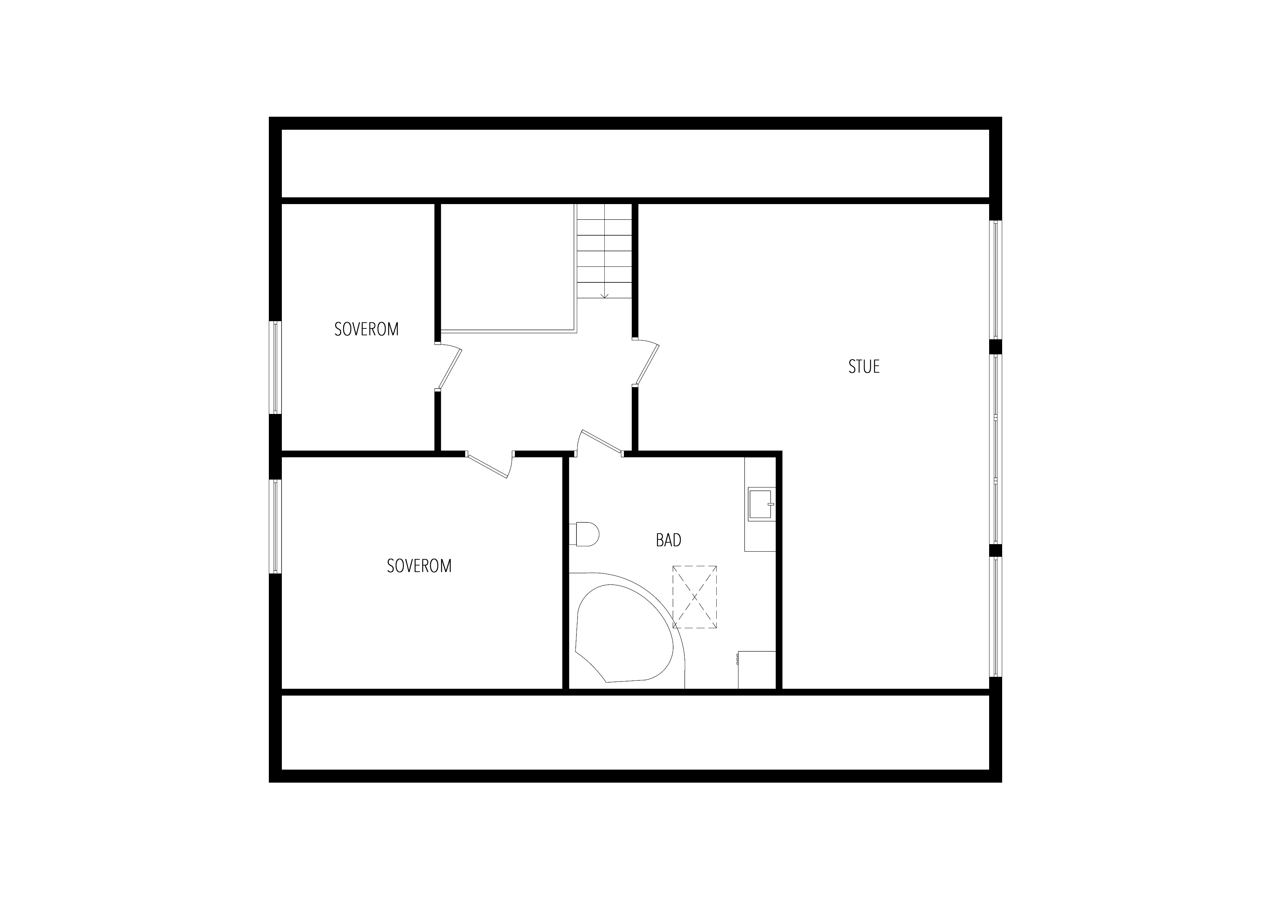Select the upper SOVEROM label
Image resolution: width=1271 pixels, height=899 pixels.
[366, 329]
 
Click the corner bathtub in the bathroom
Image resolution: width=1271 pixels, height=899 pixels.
[625, 631]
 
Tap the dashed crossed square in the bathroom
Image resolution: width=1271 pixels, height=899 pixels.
[695, 597]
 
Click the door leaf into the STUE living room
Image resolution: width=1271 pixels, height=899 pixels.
[648, 363]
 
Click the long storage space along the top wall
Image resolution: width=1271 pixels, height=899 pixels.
[635, 163]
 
